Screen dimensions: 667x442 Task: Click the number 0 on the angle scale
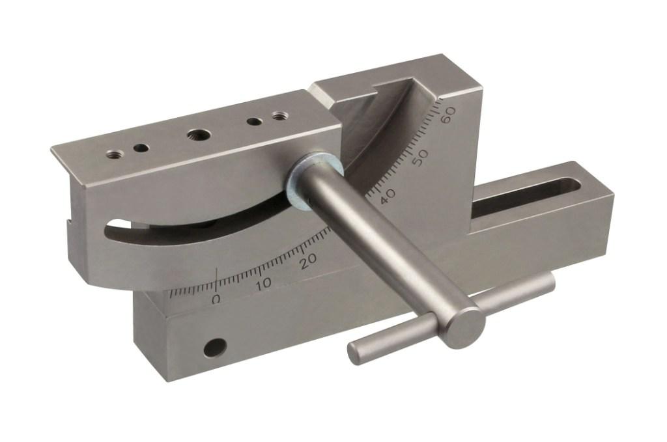click(216, 299)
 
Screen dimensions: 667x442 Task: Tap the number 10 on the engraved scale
click(264, 283)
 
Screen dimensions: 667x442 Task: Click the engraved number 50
click(421, 158)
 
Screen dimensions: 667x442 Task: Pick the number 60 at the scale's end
click(448, 115)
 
